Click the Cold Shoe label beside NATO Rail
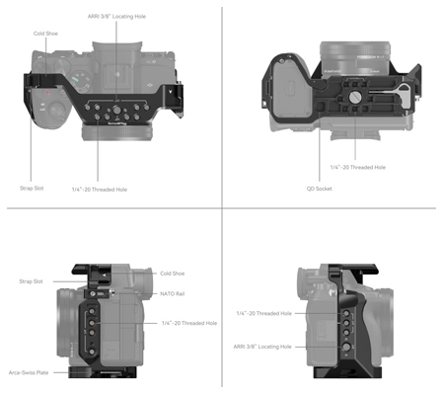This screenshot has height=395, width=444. (x=173, y=274)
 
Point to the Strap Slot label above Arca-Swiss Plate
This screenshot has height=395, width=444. (x=31, y=281)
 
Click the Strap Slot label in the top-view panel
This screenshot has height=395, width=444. (x=32, y=187)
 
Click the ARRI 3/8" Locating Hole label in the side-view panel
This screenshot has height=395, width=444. (x=262, y=347)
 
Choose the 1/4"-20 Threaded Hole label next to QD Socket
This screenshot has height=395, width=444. (x=357, y=167)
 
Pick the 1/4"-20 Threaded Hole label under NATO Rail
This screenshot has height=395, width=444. (x=188, y=323)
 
